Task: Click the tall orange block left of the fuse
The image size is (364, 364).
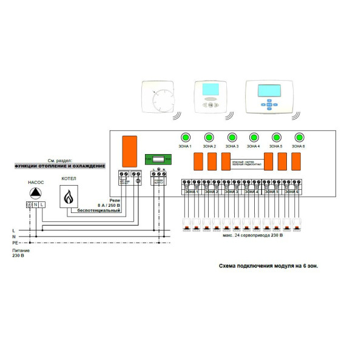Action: pyautogui.click(x=129, y=151)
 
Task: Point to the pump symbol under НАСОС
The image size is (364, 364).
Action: pyautogui.click(x=36, y=193)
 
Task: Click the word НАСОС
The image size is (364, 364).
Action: pyautogui.click(x=36, y=181)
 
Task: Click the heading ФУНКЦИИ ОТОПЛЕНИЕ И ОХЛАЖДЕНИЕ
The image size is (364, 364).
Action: pyautogui.click(x=59, y=166)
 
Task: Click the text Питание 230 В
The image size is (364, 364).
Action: pyautogui.click(x=20, y=252)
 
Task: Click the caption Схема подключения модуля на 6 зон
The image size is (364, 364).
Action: pyautogui.click(x=268, y=265)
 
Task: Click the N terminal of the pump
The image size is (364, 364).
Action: pyautogui.click(x=36, y=204)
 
